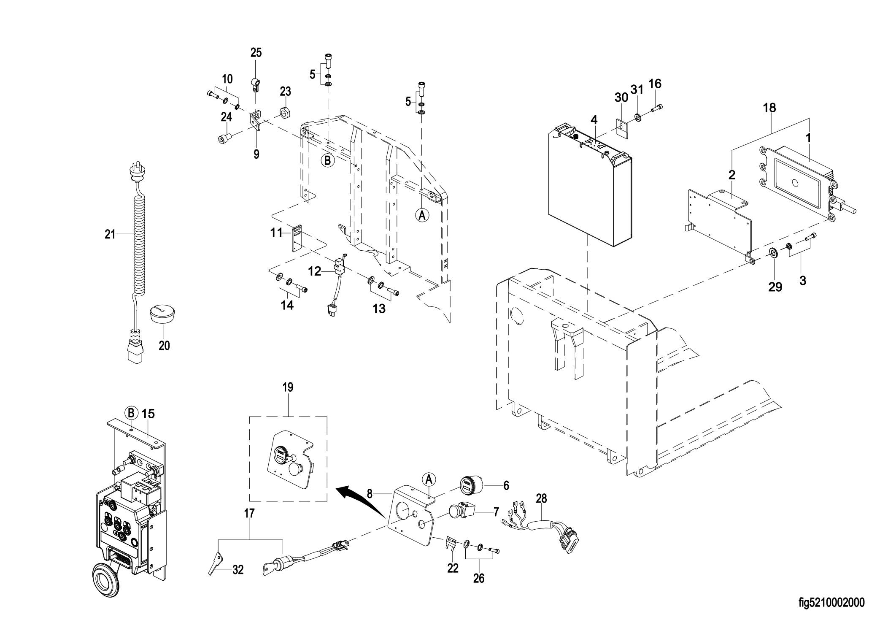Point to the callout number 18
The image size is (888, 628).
tap(769, 108)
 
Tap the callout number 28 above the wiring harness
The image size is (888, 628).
tap(541, 498)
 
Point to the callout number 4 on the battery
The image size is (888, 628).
tap(594, 120)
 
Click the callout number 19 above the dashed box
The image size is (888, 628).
tap(288, 387)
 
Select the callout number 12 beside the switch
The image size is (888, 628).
tap(315, 271)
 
